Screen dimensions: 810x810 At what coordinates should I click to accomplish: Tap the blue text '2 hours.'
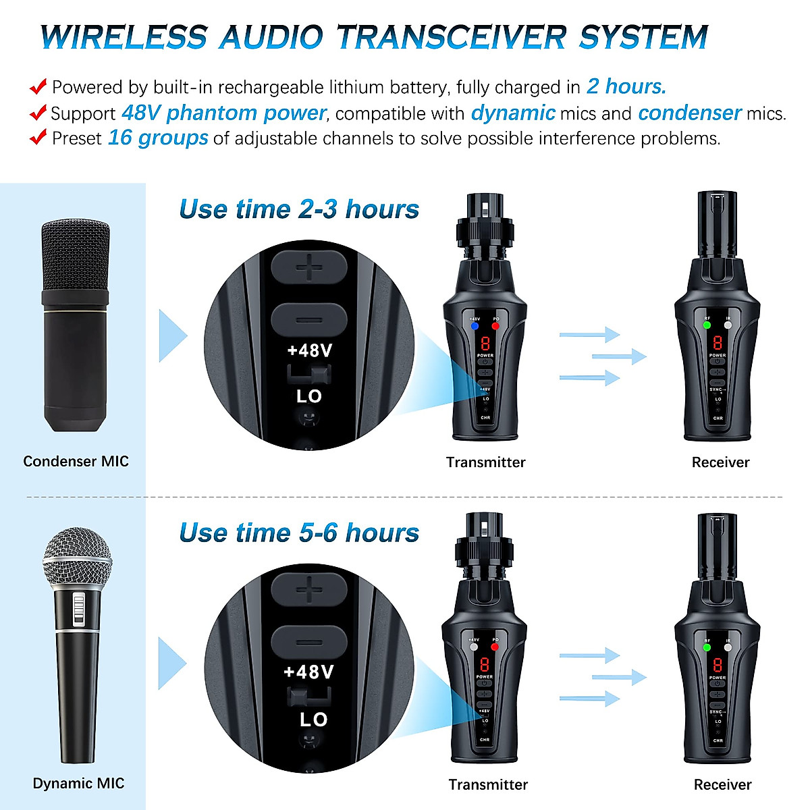pyautogui.click(x=626, y=86)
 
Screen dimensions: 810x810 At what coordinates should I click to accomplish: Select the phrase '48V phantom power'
pyautogui.click(x=223, y=113)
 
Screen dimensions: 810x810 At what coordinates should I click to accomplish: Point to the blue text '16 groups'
pyautogui.click(x=158, y=138)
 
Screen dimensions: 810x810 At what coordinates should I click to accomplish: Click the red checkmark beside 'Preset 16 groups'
pyautogui.click(x=38, y=137)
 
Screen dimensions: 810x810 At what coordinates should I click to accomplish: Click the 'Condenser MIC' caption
pyautogui.click(x=76, y=462)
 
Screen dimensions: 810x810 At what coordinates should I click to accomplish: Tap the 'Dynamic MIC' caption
pyautogui.click(x=78, y=784)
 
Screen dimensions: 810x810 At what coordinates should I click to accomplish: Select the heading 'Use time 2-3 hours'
pyautogui.click(x=299, y=209)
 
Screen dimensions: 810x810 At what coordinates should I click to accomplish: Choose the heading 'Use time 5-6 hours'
pyautogui.click(x=299, y=533)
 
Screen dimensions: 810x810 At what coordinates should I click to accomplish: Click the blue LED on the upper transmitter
pyautogui.click(x=475, y=326)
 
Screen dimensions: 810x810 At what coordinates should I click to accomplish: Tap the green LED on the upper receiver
pyautogui.click(x=707, y=325)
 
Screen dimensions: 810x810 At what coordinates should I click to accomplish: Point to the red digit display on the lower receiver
pyautogui.click(x=718, y=664)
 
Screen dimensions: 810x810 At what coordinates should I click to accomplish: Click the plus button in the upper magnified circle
pyautogui.click(x=309, y=269)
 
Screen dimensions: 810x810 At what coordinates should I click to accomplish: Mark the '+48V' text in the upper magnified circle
pyautogui.click(x=310, y=351)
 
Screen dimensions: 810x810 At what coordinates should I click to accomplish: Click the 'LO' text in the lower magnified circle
pyautogui.click(x=313, y=720)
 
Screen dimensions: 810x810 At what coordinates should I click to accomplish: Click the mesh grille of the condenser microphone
pyautogui.click(x=76, y=254)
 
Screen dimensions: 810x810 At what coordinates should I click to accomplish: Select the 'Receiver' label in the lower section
pyautogui.click(x=722, y=784)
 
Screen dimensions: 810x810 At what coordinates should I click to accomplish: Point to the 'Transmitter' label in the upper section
pyautogui.click(x=485, y=462)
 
